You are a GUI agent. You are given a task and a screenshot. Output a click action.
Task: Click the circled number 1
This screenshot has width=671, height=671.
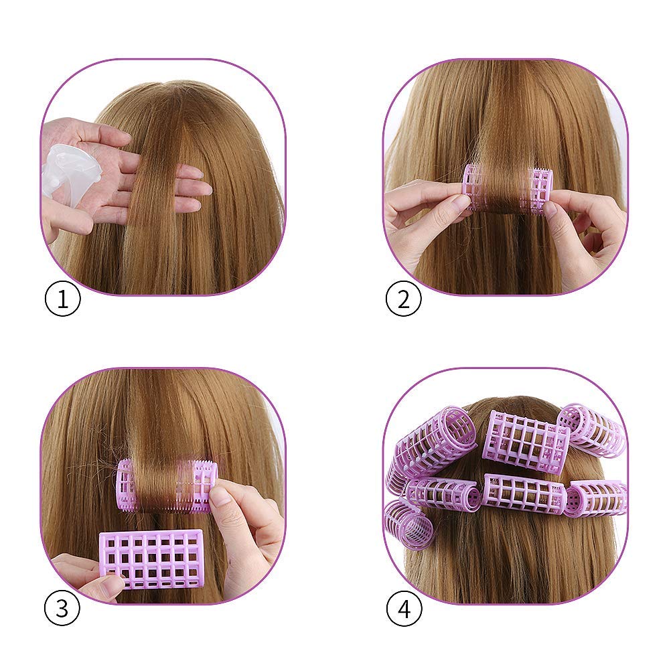pyautogui.click(x=62, y=299)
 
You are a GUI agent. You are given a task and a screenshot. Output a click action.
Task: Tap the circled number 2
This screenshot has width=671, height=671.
pyautogui.click(x=404, y=299)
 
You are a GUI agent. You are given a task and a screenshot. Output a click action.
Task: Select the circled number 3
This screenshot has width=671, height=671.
pyautogui.click(x=62, y=607)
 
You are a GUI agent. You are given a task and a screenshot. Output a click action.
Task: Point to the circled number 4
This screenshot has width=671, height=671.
pyautogui.click(x=404, y=607)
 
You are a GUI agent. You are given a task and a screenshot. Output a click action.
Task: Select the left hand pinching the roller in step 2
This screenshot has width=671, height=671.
pyautogui.click(x=424, y=218)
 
